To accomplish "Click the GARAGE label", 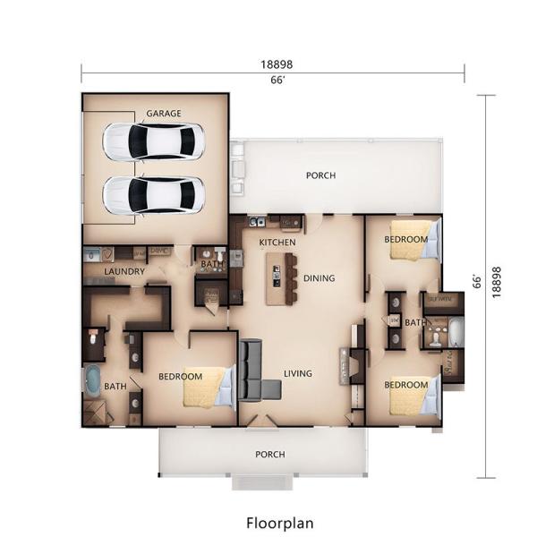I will click(x=164, y=114).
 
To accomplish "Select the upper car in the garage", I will click(x=153, y=141).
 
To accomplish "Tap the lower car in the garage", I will click(x=153, y=194).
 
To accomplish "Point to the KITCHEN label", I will click(x=277, y=243).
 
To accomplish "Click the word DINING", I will click(x=319, y=278).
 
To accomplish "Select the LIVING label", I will click(x=298, y=373).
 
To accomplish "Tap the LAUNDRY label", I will click(x=124, y=271).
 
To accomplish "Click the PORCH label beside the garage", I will click(x=320, y=175).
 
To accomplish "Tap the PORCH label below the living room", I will click(x=270, y=455).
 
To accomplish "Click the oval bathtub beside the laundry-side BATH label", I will click(x=92, y=381).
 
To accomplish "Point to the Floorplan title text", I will click(x=279, y=521).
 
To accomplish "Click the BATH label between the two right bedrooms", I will click(x=415, y=322).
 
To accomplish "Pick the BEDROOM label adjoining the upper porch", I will click(x=405, y=240).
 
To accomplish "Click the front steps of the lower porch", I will click(x=265, y=482).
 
